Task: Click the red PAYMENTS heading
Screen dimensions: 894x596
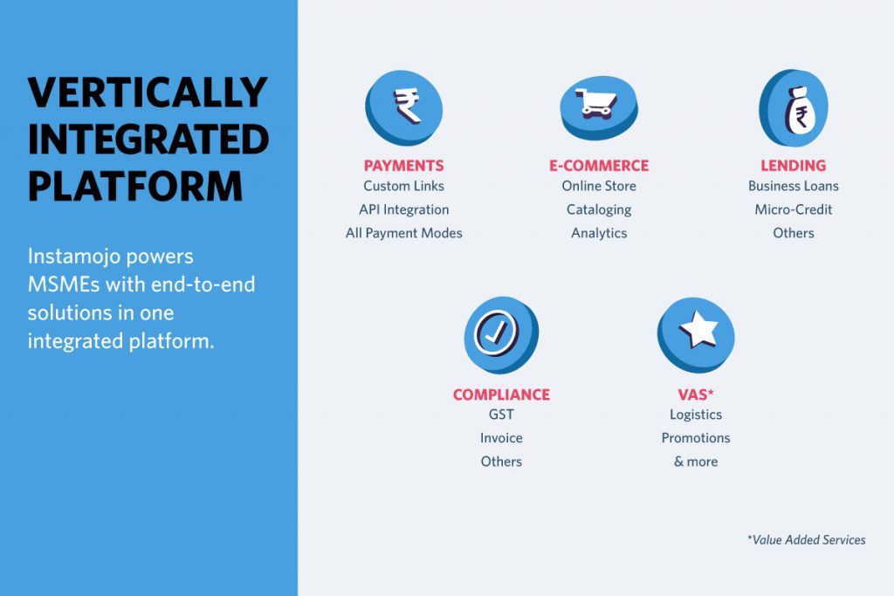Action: pos(403,166)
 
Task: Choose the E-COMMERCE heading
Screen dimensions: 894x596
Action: pos(599,166)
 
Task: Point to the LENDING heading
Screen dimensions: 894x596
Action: pos(793,166)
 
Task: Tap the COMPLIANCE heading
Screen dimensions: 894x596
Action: pos(501,395)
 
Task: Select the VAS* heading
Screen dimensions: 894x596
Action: pos(696,394)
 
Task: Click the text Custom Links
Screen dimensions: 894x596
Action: pos(403,186)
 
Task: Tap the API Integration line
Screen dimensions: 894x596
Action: pos(403,209)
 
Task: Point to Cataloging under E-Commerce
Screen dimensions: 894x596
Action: pos(599,209)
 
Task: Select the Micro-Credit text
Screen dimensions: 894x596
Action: pos(793,209)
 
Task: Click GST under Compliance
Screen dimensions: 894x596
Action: pos(501,414)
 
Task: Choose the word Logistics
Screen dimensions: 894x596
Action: pos(696,414)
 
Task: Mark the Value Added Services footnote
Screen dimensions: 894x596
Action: pos(806,539)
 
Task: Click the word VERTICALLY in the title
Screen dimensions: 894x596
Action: pos(148,92)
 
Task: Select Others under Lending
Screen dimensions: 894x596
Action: pos(793,233)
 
